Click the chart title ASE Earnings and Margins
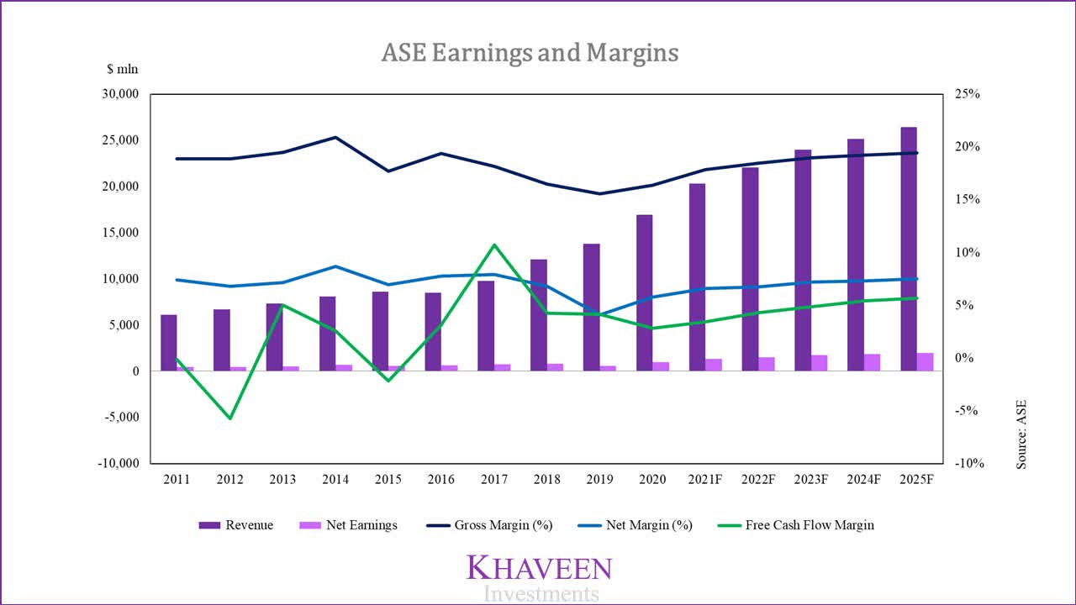point(530,53)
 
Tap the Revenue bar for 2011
point(169,343)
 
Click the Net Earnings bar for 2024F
point(873,362)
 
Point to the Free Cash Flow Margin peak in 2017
point(494,245)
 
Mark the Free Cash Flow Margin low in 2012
point(229,418)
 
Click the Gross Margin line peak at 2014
point(335,137)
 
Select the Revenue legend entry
point(236,525)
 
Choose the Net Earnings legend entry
point(348,525)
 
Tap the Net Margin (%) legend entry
point(636,525)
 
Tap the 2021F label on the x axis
point(704,479)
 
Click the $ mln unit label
point(122,70)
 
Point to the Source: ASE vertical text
point(1021,434)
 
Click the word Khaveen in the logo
point(539,568)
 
